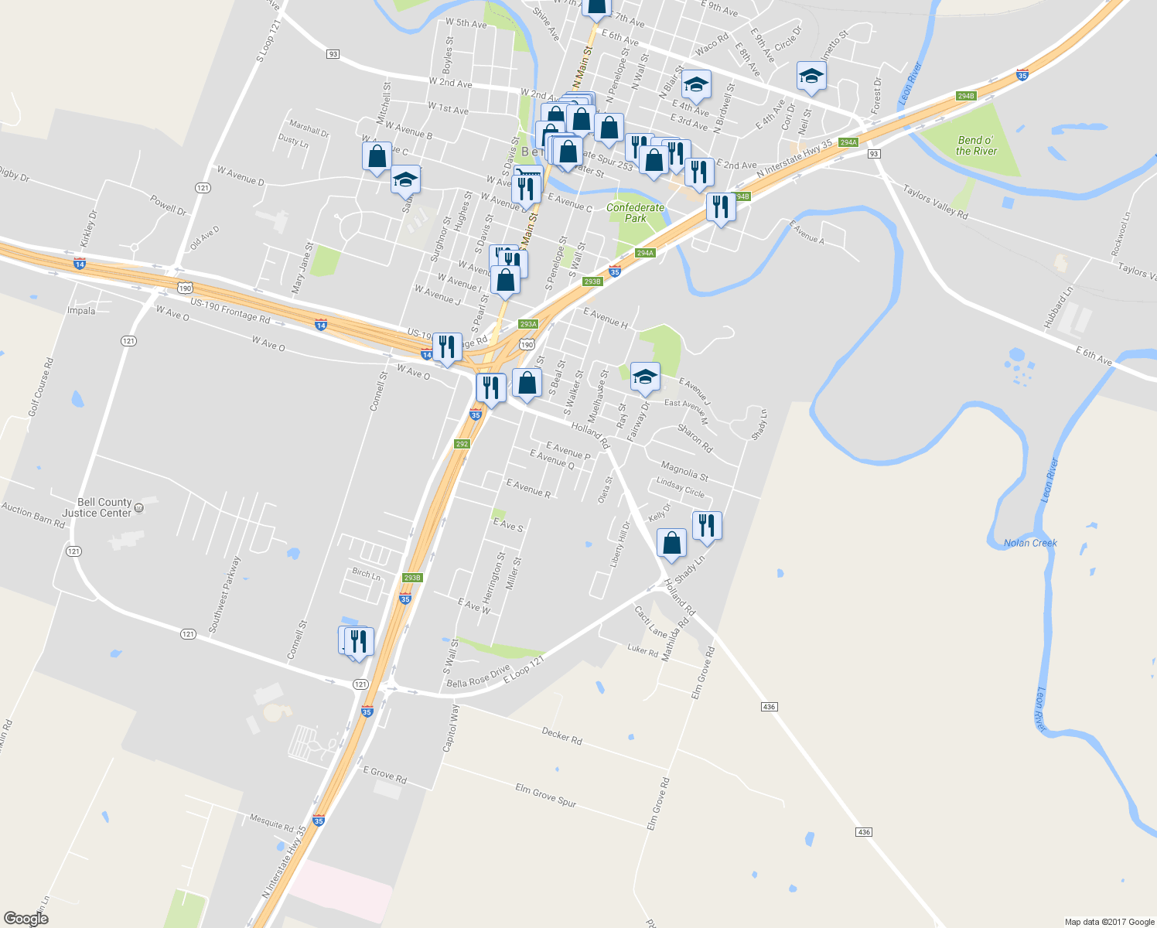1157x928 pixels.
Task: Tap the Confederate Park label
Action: coord(635,213)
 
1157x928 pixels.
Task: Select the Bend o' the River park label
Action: coord(976,146)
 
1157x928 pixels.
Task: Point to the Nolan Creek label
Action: coord(1030,543)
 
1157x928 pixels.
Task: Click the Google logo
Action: coord(26,918)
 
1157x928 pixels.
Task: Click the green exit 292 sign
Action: coord(462,444)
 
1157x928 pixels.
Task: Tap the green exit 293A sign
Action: coord(527,324)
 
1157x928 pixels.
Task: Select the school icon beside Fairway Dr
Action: coord(645,377)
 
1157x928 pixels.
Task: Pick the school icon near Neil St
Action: coord(811,76)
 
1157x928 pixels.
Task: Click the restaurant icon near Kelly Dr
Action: coord(707,525)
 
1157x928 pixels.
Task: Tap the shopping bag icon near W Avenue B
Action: coord(377,155)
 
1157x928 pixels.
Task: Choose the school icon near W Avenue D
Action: coord(405,180)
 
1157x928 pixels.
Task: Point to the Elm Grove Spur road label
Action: coord(546,794)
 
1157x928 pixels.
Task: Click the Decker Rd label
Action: coord(561,735)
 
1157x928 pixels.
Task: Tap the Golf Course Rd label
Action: coord(41,387)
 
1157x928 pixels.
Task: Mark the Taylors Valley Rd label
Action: coord(935,201)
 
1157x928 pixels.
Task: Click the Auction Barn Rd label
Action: coord(32,514)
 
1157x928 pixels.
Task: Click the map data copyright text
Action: coord(1109,922)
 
